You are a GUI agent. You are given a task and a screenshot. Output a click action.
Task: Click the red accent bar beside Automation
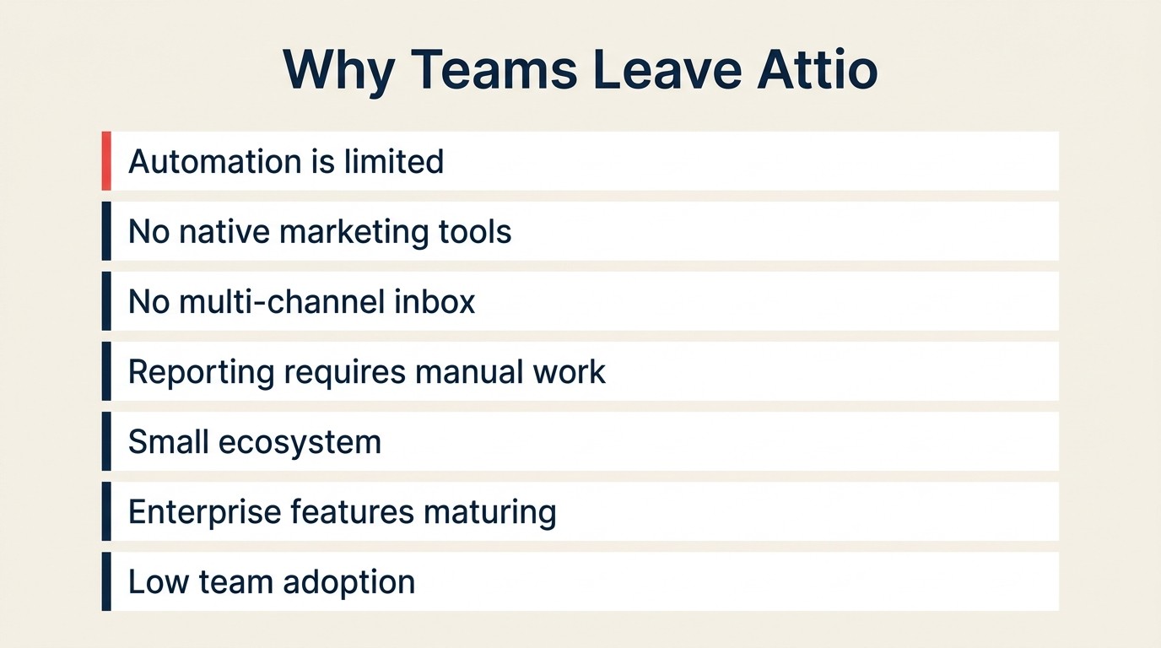pyautogui.click(x=106, y=160)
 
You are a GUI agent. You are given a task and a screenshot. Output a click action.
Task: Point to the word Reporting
pyautogui.click(x=201, y=372)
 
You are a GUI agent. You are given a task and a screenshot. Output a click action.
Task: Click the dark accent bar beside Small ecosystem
pyautogui.click(x=106, y=441)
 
